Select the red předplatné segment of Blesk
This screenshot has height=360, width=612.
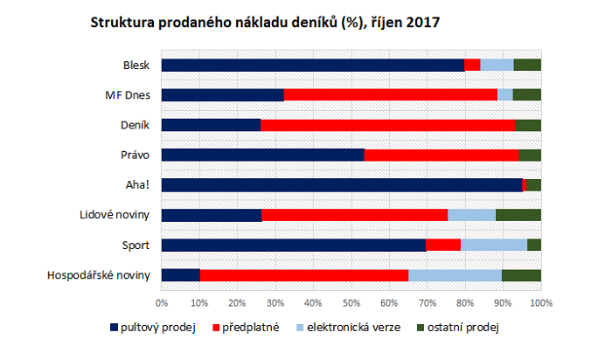[x=472, y=65]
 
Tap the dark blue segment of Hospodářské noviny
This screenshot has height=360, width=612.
[x=181, y=275]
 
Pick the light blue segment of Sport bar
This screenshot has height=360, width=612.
[x=494, y=245]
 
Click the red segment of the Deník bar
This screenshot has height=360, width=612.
[x=387, y=125]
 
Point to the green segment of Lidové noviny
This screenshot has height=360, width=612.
[x=518, y=215]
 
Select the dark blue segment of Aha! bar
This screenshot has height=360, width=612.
[x=341, y=184]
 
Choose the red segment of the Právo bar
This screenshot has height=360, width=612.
[x=441, y=155]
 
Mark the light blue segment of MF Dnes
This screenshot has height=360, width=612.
[x=504, y=94]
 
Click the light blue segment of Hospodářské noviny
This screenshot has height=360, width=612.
[x=455, y=275]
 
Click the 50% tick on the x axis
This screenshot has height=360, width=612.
[x=351, y=302]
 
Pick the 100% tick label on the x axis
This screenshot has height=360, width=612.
[x=540, y=302]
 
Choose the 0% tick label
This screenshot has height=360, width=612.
[x=162, y=302]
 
